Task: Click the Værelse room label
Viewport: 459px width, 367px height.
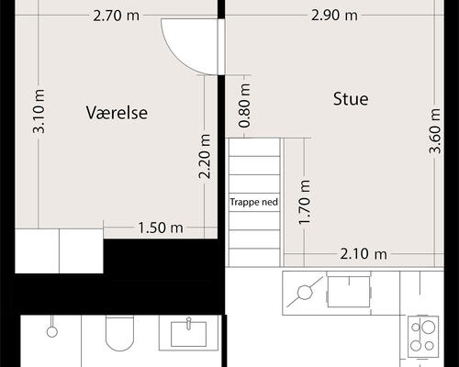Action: pyautogui.click(x=117, y=113)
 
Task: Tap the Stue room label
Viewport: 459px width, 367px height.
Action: pyautogui.click(x=351, y=99)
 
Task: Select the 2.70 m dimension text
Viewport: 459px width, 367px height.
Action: pyautogui.click(x=116, y=16)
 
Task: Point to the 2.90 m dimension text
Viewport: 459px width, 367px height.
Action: pyautogui.click(x=334, y=16)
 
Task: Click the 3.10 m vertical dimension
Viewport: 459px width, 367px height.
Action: pyautogui.click(x=39, y=111)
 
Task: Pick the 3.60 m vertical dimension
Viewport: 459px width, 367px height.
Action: pyautogui.click(x=434, y=130)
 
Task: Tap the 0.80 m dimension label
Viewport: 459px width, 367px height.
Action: pyautogui.click(x=244, y=106)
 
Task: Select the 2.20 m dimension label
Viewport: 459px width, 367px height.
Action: pyautogui.click(x=205, y=156)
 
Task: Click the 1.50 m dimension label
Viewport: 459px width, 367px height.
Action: pyautogui.click(x=161, y=228)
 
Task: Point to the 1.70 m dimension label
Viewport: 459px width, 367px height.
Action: pyautogui.click(x=305, y=203)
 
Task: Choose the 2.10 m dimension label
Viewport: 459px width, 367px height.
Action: pyautogui.click(x=364, y=254)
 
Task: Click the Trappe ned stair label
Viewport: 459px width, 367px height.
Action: pyautogui.click(x=254, y=202)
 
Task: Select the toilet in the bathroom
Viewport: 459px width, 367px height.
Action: pyautogui.click(x=119, y=333)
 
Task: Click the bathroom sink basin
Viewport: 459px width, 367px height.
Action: pyautogui.click(x=188, y=334)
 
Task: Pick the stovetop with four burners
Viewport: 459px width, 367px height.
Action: pyautogui.click(x=423, y=337)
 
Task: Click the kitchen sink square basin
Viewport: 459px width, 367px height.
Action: pyautogui.click(x=349, y=292)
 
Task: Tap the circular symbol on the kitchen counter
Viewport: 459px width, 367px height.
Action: pyautogui.click(x=305, y=293)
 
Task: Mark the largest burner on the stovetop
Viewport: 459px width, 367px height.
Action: pyautogui.click(x=429, y=328)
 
